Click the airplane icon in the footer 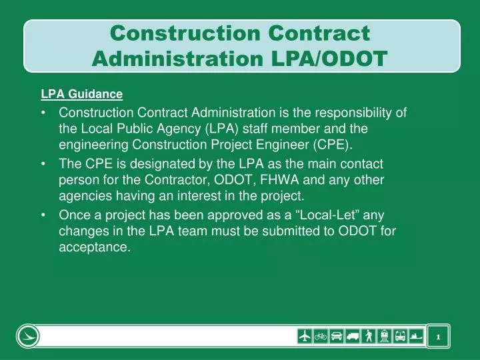click(x=305, y=336)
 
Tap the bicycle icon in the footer click(x=321, y=336)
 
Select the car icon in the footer click(x=337, y=336)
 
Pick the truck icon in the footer click(x=353, y=336)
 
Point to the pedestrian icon click(x=369, y=336)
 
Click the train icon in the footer click(x=385, y=336)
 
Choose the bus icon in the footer click(x=401, y=336)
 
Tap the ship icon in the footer click(x=417, y=336)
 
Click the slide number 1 click(x=438, y=337)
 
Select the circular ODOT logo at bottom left click(x=29, y=336)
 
